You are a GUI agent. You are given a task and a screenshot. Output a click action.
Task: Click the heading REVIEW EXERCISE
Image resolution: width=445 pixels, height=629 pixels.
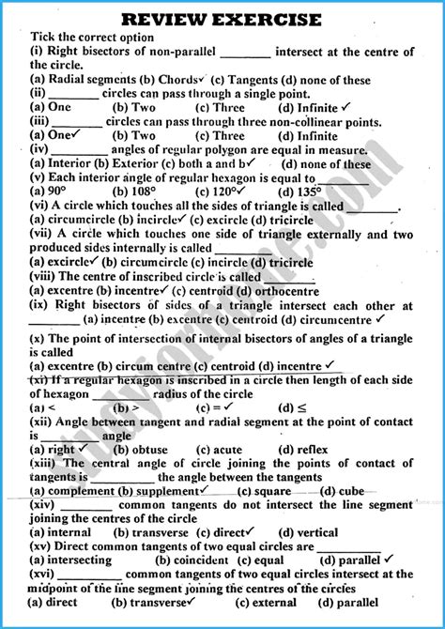(222, 19)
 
